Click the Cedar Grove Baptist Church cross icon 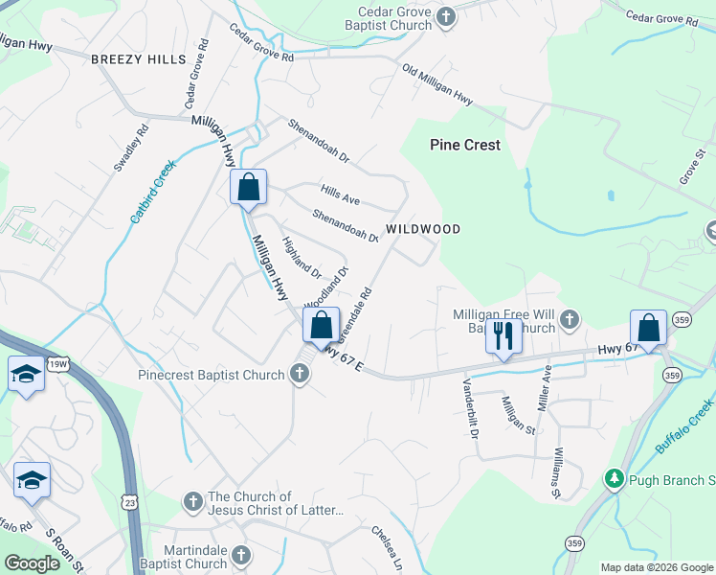[444, 17]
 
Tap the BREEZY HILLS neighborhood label [139, 59]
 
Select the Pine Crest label [465, 145]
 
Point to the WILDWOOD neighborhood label [423, 229]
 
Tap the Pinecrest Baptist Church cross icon [300, 375]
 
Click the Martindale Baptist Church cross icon [241, 555]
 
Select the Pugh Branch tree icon [612, 478]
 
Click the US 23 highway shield [130, 500]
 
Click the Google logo [33, 563]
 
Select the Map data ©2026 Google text [656, 567]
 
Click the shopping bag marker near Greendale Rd [322, 326]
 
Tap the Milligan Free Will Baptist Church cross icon [569, 318]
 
